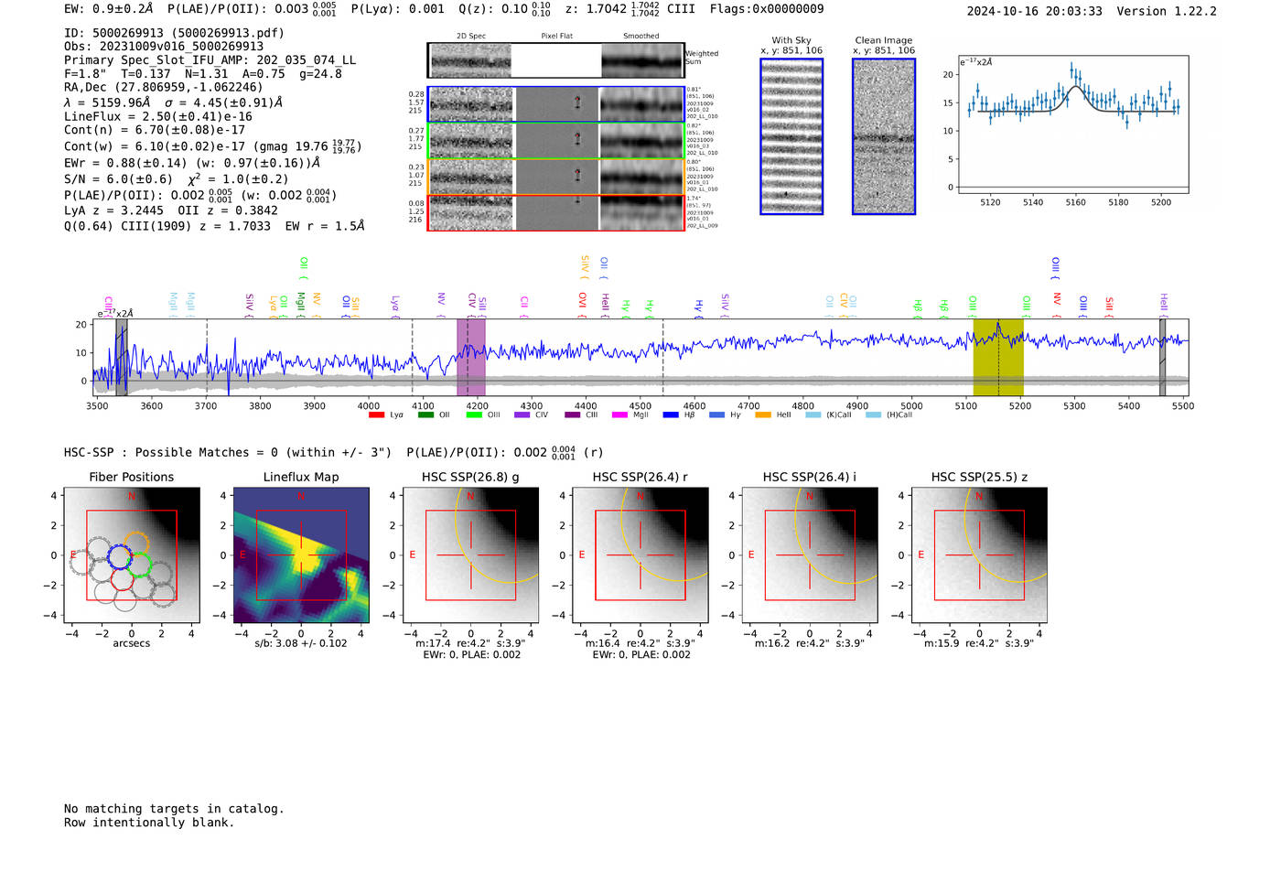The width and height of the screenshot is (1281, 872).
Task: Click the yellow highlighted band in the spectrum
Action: [997, 357]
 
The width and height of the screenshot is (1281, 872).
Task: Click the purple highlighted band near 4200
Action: [470, 357]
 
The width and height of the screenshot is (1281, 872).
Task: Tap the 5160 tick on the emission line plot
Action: [1075, 202]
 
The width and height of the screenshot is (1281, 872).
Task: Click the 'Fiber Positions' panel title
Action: [131, 477]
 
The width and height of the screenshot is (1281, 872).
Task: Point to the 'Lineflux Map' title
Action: [301, 477]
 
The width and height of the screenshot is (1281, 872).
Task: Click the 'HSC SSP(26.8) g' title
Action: [470, 477]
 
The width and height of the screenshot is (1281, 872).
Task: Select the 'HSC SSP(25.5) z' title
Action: [979, 477]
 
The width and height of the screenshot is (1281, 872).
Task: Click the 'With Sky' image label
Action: [791, 40]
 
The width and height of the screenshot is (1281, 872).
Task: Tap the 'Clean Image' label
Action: [883, 40]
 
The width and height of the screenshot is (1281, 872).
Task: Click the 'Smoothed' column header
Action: [640, 37]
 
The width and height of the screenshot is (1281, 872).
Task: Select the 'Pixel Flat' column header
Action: [556, 37]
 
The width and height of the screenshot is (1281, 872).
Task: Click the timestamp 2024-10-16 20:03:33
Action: [1034, 12]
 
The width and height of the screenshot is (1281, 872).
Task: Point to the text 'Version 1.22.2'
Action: [1167, 12]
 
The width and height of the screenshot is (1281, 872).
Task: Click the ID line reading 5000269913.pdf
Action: [174, 33]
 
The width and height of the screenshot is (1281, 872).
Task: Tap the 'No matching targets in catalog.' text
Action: [174, 809]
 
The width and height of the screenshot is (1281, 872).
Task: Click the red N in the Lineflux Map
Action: [301, 497]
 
